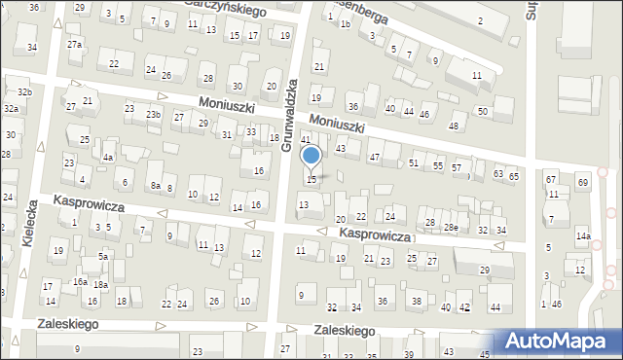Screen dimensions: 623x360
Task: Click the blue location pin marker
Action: pos(311,156)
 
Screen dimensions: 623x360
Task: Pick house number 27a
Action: pos(74,45)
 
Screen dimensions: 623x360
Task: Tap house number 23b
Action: pos(153,114)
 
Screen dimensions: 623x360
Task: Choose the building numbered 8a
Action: pos(155,185)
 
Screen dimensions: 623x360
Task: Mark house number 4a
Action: pos(109,157)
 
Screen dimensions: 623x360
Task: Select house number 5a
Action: pos(102,256)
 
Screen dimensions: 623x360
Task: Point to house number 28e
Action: pos(450,227)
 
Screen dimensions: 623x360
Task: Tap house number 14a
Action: pos(582,236)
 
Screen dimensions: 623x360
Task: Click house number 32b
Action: pos(24,92)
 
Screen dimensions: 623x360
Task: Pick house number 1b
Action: pos(345,22)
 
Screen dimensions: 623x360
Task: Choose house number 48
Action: pos(453,126)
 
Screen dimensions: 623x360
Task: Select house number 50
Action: pos(483,112)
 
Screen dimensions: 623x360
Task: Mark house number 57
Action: pos(457,168)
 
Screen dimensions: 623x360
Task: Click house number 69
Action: pos(582,183)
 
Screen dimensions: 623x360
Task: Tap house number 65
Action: pos(513,175)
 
